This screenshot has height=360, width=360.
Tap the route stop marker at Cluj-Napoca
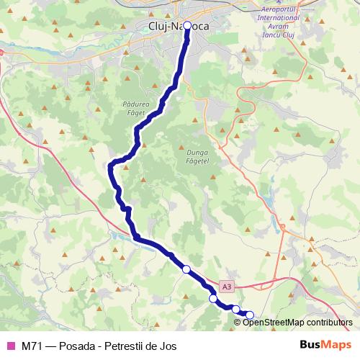click(x=187, y=26)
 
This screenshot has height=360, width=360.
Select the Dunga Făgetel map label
click(x=196, y=158)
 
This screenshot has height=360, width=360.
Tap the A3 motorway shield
click(x=227, y=287)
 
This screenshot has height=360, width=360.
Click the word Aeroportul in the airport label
click(x=279, y=6)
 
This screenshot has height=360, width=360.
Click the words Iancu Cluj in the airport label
click(x=279, y=35)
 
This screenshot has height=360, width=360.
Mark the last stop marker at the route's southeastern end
click(x=250, y=314)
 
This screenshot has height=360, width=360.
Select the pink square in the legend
click(x=10, y=346)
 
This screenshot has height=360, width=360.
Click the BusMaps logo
click(x=325, y=346)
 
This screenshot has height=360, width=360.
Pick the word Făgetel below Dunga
click(x=196, y=163)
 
